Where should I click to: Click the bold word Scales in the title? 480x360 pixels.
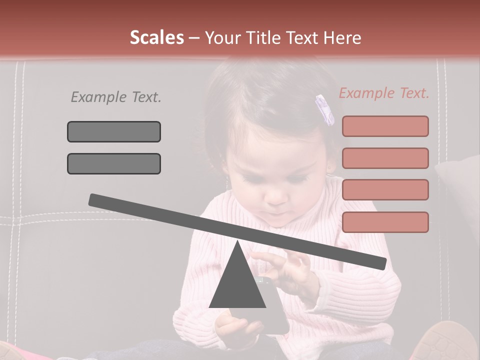pyautogui.click(x=156, y=37)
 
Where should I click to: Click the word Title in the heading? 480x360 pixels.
pyautogui.click(x=260, y=37)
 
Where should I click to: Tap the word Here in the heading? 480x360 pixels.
pyautogui.click(x=342, y=37)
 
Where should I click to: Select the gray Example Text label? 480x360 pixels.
pyautogui.click(x=116, y=97)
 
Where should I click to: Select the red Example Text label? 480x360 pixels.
pyautogui.click(x=384, y=93)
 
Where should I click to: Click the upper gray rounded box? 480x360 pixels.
pyautogui.click(x=114, y=131)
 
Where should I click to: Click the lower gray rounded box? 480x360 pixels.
pyautogui.click(x=114, y=163)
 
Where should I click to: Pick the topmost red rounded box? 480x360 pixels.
pyautogui.click(x=385, y=126)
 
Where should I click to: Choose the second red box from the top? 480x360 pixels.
pyautogui.click(x=385, y=158)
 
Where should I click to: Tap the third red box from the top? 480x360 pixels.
pyautogui.click(x=385, y=190)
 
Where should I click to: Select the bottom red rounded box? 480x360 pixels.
pyautogui.click(x=385, y=222)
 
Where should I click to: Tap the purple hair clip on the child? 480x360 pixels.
pyautogui.click(x=325, y=110)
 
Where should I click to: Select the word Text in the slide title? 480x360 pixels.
pyautogui.click(x=302, y=37)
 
